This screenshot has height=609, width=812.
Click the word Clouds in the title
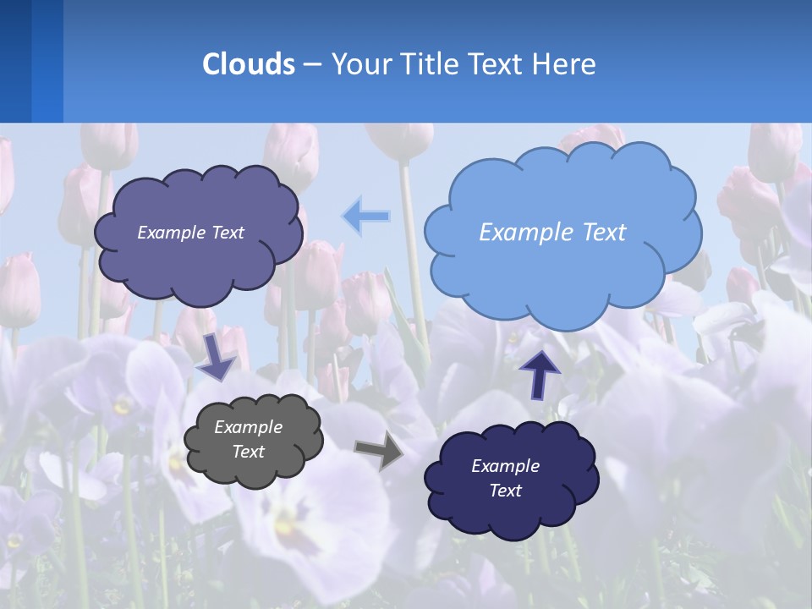point(248,63)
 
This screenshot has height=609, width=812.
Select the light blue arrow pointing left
point(365,217)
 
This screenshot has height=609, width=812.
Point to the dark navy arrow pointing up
point(540,373)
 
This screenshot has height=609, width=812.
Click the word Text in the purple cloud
point(226,233)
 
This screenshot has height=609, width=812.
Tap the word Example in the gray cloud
point(248,427)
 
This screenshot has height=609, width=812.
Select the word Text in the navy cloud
point(505,491)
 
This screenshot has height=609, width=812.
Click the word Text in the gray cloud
point(248,452)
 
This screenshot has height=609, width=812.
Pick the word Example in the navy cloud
point(505,466)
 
